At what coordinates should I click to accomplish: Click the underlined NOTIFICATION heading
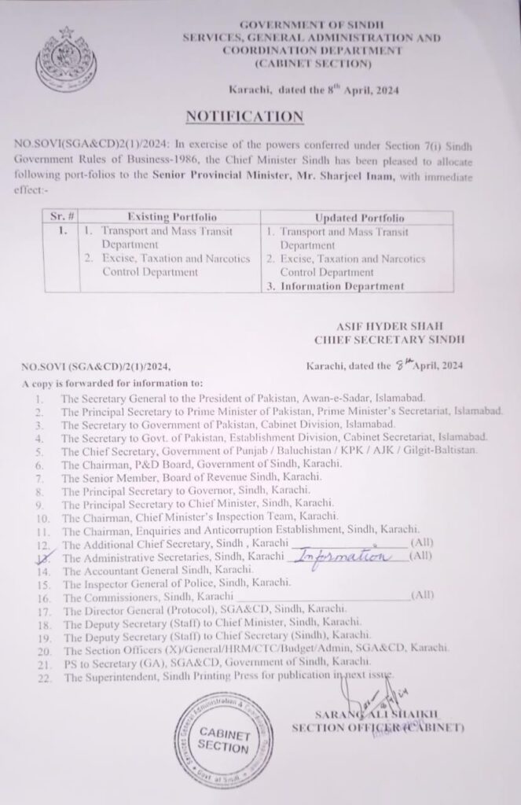pyautogui.click(x=244, y=116)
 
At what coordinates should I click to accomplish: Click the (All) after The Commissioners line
pyautogui.click(x=423, y=595)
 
